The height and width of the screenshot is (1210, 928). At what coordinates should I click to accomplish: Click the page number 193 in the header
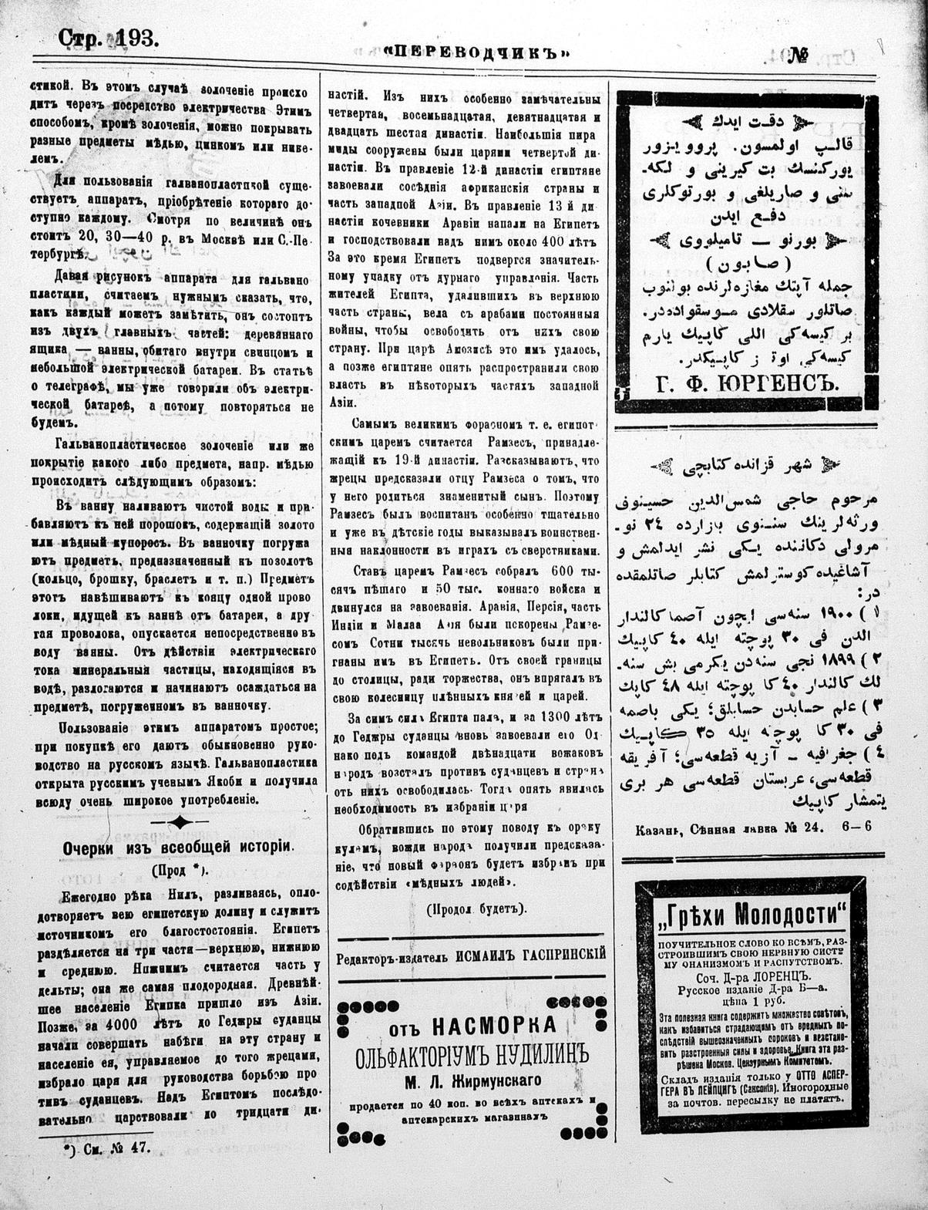(x=137, y=39)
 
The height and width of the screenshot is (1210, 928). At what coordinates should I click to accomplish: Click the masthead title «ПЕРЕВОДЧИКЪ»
(x=477, y=52)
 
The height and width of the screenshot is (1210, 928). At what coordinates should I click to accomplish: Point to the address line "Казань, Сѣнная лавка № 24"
(x=730, y=828)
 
